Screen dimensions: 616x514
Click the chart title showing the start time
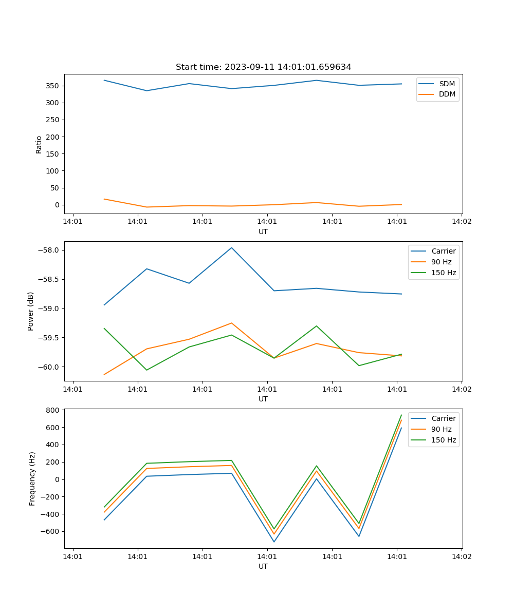263,67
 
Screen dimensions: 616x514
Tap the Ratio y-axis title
39,144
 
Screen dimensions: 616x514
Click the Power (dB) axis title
31,311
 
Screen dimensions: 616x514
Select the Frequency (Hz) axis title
32,478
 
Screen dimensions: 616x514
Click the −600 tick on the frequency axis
50,532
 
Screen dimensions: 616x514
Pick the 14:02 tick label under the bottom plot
461,556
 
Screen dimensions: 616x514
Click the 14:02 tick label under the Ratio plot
461,222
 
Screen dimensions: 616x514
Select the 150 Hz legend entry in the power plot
444,273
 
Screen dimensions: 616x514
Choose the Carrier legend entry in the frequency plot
443,418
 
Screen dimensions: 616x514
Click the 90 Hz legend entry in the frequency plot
442,429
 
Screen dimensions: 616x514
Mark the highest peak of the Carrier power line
231,247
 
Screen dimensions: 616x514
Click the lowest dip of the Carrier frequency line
274,542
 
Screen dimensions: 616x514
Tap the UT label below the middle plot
263,399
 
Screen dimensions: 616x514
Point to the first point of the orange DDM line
104,199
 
